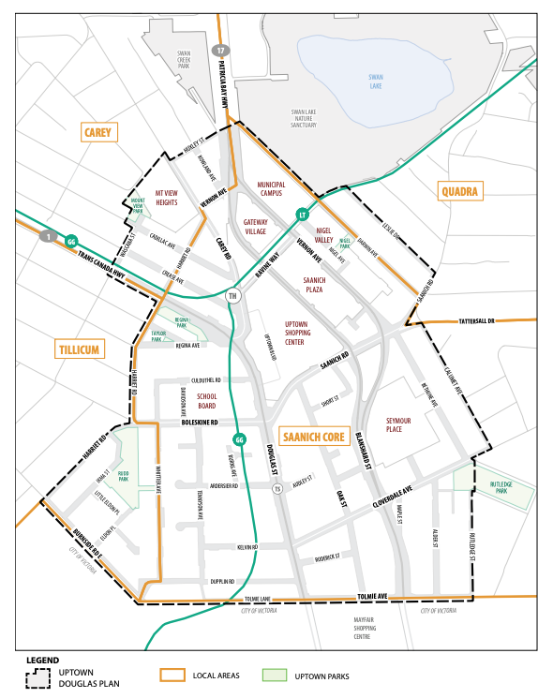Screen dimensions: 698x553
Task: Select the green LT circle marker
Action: pyautogui.click(x=302, y=215)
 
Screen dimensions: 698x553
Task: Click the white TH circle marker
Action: pyautogui.click(x=233, y=296)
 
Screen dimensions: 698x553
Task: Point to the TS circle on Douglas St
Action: pyautogui.click(x=276, y=489)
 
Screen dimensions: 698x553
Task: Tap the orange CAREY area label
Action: pyautogui.click(x=97, y=132)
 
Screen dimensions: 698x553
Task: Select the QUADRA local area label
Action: pyautogui.click(x=459, y=192)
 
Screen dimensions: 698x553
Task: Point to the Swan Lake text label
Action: pyautogui.click(x=376, y=81)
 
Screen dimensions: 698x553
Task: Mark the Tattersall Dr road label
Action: pyautogui.click(x=483, y=319)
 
